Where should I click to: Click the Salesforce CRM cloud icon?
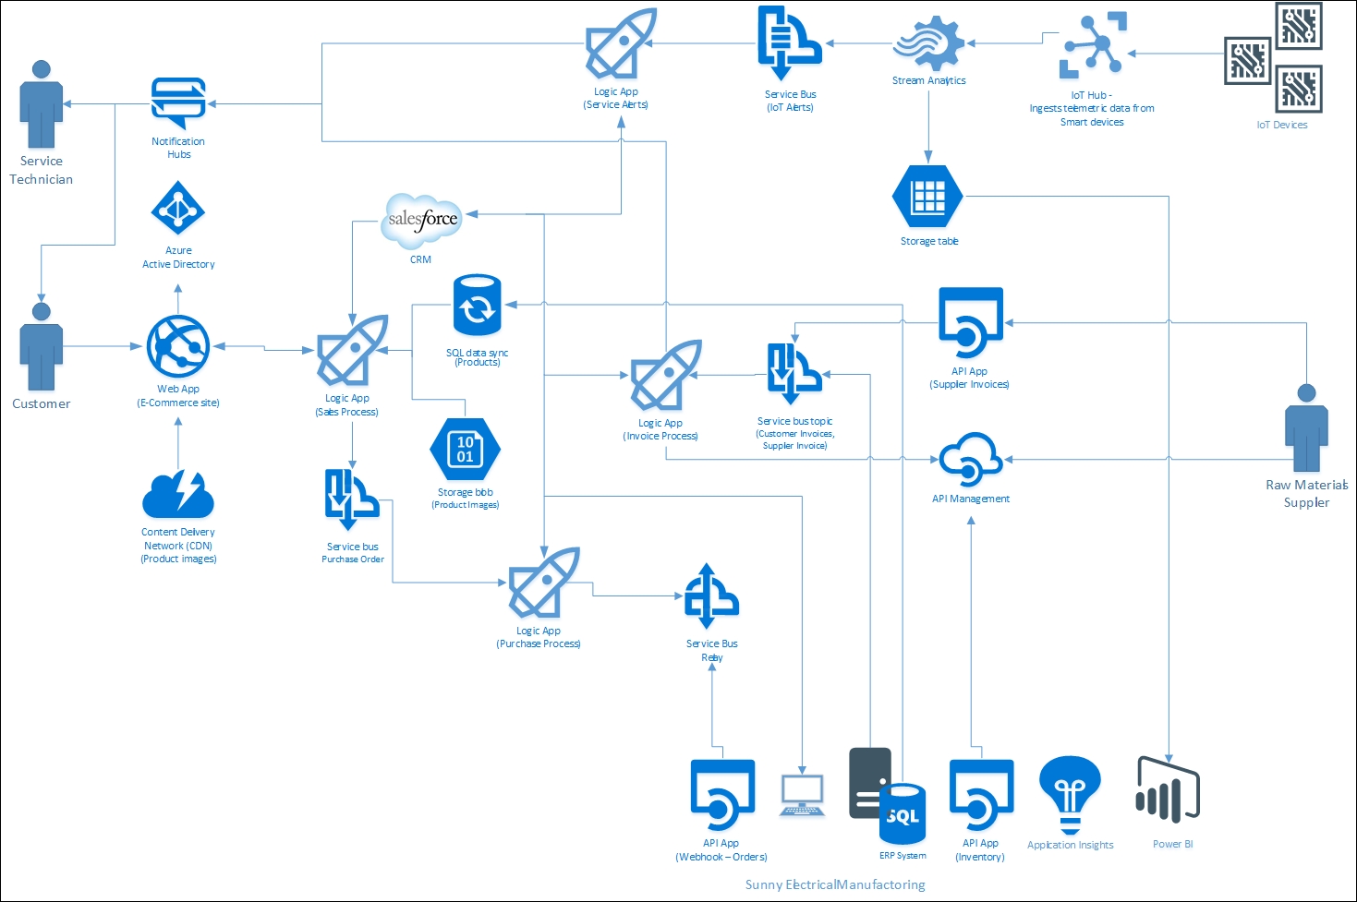click(x=422, y=221)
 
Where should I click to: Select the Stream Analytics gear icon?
click(x=928, y=43)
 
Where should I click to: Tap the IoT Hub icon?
click(x=1093, y=44)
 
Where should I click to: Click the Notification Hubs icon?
click(x=178, y=102)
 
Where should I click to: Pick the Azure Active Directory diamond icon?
click(x=177, y=210)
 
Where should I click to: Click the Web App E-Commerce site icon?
click(x=178, y=347)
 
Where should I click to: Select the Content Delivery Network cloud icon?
click(x=178, y=495)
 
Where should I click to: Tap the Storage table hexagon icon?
click(x=927, y=197)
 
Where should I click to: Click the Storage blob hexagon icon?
click(x=465, y=449)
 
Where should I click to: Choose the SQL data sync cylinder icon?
click(x=477, y=306)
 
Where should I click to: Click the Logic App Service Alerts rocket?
click(x=620, y=44)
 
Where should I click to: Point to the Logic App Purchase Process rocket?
click(x=543, y=583)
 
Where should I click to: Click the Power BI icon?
click(x=1169, y=791)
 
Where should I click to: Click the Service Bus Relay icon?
click(x=710, y=595)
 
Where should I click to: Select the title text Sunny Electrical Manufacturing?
click(x=834, y=884)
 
